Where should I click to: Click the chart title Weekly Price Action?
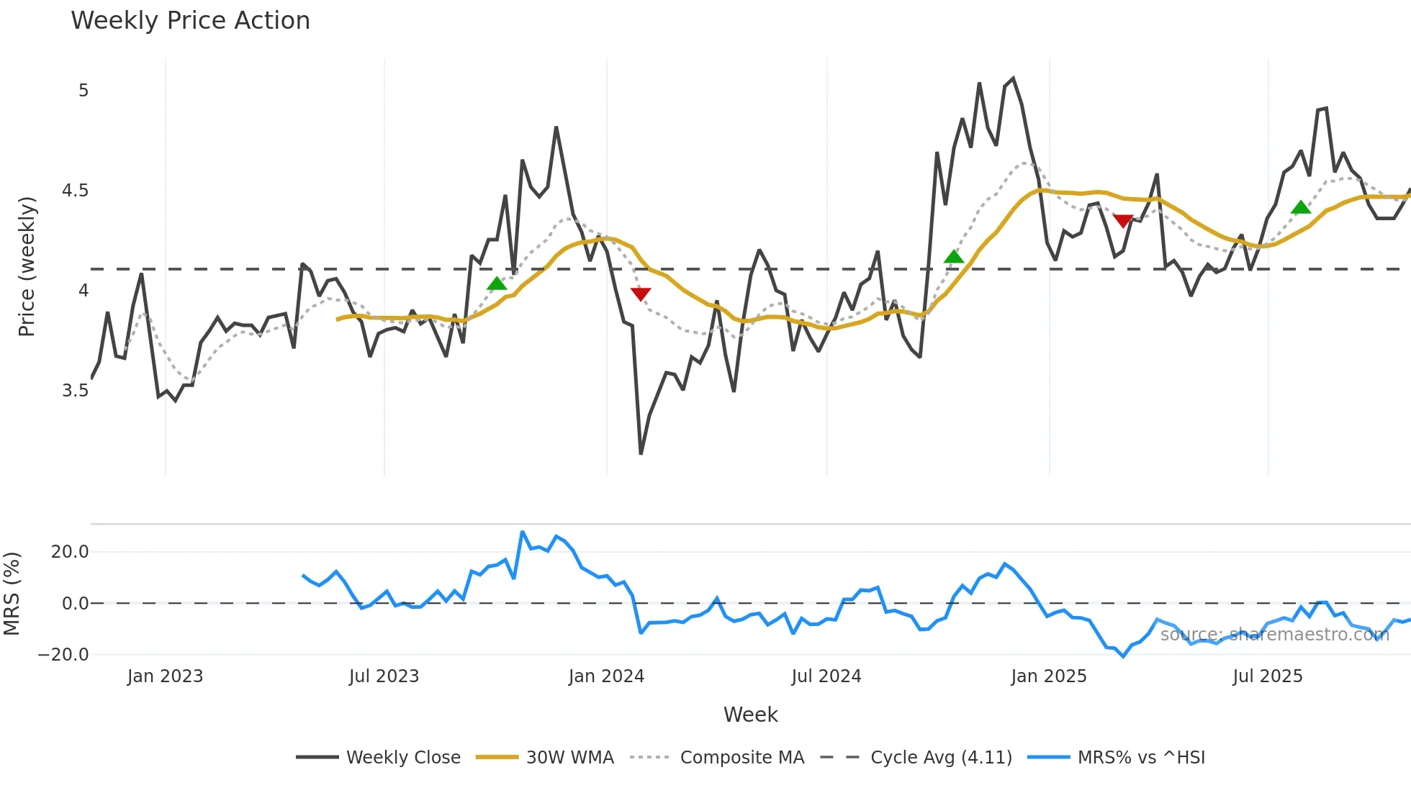point(190,21)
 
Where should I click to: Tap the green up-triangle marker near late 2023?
point(497,284)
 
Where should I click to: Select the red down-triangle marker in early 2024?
point(641,294)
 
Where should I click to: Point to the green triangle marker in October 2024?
point(953,257)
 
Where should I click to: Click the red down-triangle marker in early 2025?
point(1123,220)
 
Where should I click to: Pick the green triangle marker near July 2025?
point(1301,208)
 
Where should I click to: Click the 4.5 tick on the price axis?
point(75,191)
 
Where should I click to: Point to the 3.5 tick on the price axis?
point(75,391)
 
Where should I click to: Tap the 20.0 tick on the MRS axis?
point(70,552)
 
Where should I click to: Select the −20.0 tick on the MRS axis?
point(63,655)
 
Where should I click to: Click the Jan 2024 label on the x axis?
point(606,676)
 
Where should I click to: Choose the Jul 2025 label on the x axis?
point(1267,676)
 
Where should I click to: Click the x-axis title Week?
point(750,715)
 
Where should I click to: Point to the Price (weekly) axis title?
point(27,266)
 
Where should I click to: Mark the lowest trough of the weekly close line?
point(641,453)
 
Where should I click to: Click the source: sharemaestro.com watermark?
point(1274,635)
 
